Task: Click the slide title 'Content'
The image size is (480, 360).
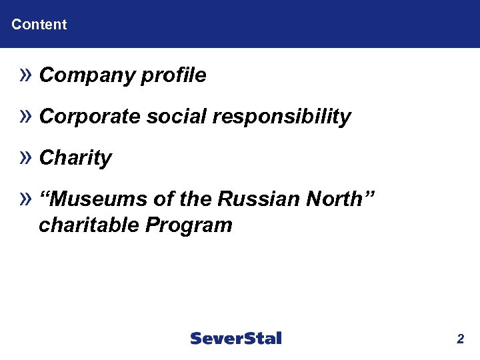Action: tap(39, 25)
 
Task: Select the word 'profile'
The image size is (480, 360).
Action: tap(174, 76)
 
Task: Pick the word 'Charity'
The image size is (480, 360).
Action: tap(75, 159)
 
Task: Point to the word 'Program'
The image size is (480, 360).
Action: tap(188, 225)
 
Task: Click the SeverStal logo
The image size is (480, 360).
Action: tap(236, 339)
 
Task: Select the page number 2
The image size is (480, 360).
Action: tap(460, 339)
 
